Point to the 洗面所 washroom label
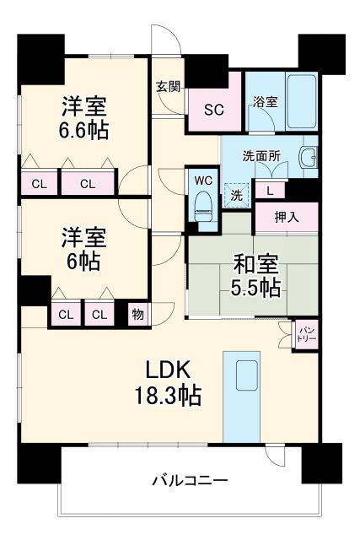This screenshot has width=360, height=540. tap(261, 156)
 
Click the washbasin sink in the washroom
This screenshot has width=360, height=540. tap(309, 159)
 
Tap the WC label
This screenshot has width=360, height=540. tap(202, 179)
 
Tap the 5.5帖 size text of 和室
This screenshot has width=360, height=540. tap(255, 288)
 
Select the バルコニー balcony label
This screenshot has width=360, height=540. tap(190, 482)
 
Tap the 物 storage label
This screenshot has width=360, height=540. tap(136, 315)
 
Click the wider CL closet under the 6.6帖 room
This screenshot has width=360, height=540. tap(87, 182)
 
